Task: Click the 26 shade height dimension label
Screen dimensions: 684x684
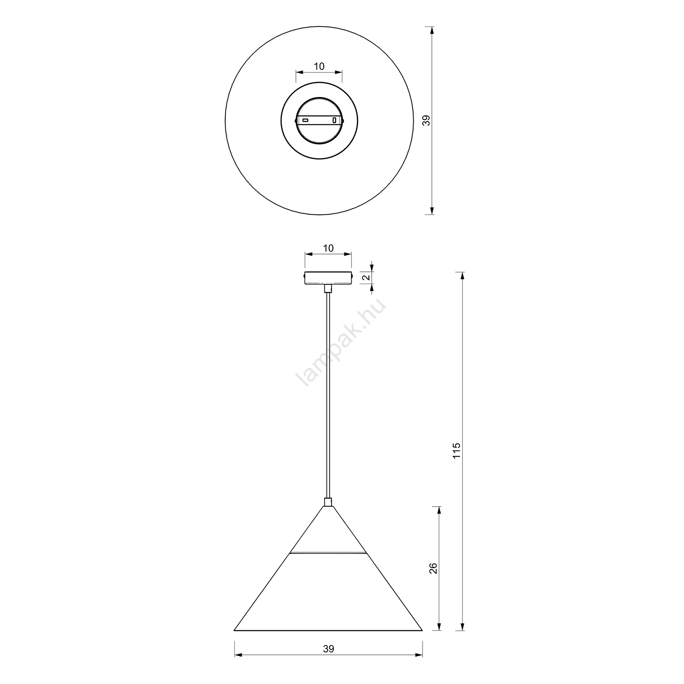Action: (x=433, y=568)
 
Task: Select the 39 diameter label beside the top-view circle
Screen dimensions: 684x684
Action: (x=426, y=120)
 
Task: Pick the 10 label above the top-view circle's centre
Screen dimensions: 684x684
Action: (x=319, y=67)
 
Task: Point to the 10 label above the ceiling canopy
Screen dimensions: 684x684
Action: (x=328, y=249)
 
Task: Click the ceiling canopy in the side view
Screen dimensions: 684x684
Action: (x=328, y=278)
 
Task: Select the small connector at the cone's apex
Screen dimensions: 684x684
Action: (x=328, y=502)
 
